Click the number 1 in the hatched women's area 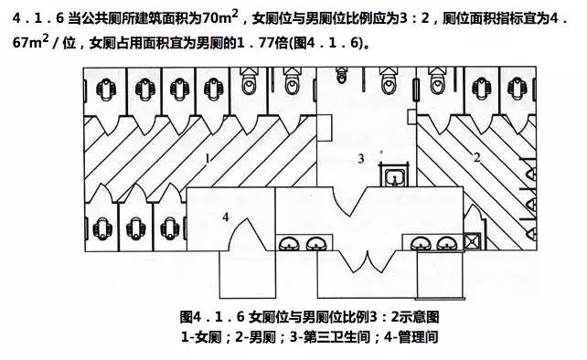(x=208, y=158)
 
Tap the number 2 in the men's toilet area (x=476, y=157)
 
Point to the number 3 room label (x=360, y=159)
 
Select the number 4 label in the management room (x=224, y=217)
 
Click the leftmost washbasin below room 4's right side (x=288, y=243)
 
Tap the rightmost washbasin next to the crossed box (x=447, y=243)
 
